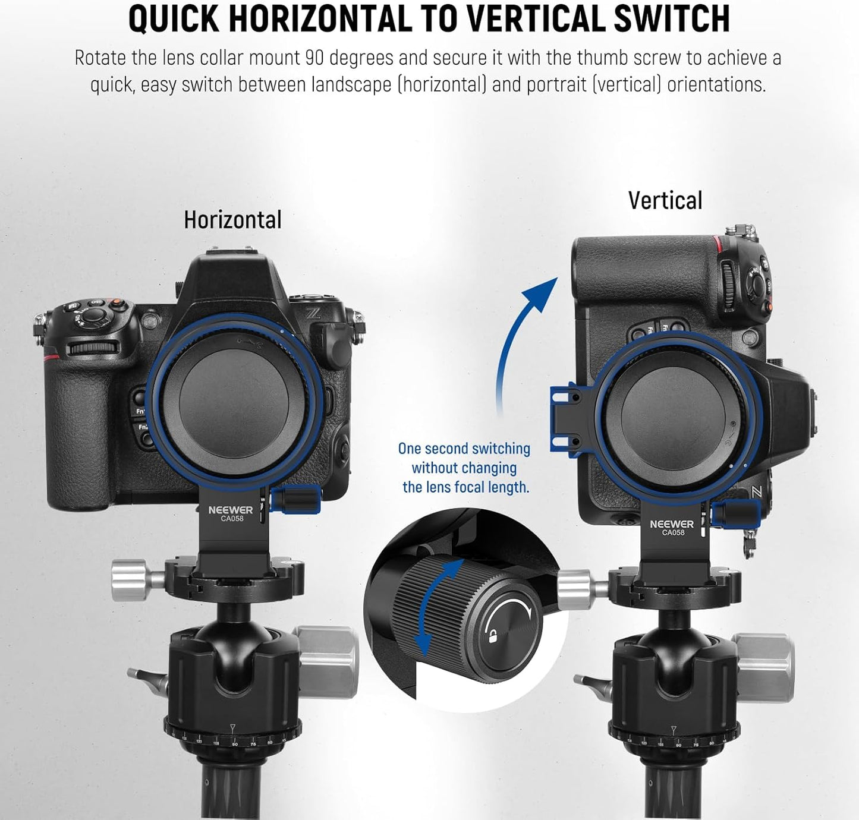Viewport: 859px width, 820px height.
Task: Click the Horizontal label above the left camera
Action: click(x=232, y=220)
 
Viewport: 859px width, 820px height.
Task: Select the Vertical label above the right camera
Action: click(x=665, y=200)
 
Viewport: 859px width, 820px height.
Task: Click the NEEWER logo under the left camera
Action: click(x=231, y=510)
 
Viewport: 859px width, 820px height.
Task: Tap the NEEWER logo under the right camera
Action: click(x=672, y=524)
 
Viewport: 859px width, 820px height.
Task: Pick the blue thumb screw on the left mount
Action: click(x=296, y=500)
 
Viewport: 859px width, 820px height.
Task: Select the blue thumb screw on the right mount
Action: click(x=736, y=513)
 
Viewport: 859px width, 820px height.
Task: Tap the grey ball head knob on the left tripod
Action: click(x=327, y=662)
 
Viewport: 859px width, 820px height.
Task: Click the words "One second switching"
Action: click(x=464, y=449)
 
